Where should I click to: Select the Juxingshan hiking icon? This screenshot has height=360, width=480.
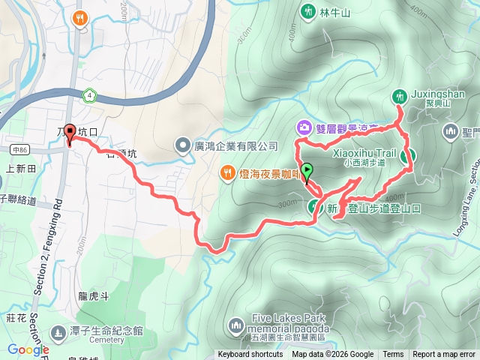click(x=399, y=96)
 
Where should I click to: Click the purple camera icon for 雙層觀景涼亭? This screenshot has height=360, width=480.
click(x=303, y=127)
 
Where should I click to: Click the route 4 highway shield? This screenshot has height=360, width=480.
click(x=90, y=95)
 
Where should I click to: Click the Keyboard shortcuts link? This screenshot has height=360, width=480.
click(x=250, y=355)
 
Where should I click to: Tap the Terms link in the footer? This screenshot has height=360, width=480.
click(x=393, y=355)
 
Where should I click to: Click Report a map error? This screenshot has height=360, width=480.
click(x=444, y=355)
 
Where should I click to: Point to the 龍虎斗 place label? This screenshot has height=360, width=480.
click(x=93, y=296)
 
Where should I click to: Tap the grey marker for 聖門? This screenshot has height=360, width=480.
click(x=451, y=133)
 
